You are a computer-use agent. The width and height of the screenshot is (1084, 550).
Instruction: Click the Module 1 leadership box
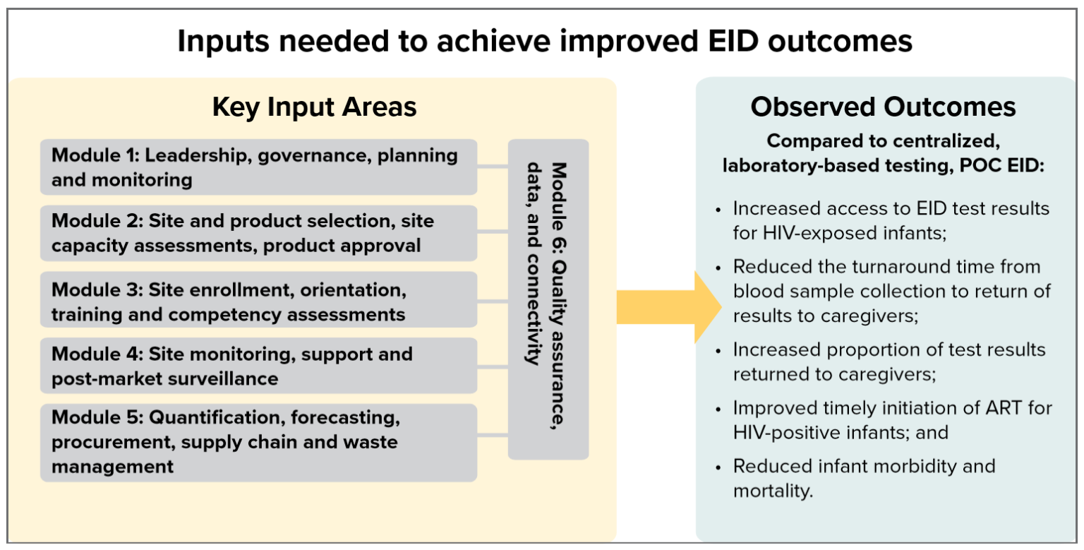[258, 167]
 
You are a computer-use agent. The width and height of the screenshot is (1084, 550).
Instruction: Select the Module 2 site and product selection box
[258, 233]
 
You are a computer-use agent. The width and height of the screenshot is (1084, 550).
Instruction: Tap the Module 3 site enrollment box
[258, 300]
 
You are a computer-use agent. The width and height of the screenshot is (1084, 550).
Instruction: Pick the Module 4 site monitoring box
[258, 366]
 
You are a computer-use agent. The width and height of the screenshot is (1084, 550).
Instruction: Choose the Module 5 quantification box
[258, 443]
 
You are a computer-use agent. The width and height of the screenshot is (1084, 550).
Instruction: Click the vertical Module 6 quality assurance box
[548, 299]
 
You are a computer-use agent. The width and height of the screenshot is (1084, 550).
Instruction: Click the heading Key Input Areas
[314, 107]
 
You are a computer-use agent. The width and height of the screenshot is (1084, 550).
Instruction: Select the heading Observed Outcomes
[883, 107]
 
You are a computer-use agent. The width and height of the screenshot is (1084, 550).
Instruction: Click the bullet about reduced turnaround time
[891, 292]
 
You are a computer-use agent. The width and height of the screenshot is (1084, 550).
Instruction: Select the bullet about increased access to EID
[891, 221]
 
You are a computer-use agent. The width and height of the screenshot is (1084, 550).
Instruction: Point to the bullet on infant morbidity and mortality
[864, 478]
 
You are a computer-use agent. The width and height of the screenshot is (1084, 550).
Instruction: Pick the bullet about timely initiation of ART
[892, 419]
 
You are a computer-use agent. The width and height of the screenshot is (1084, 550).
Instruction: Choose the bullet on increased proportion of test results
[889, 361]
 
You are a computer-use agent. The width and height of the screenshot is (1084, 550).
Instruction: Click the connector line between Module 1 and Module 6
[493, 167]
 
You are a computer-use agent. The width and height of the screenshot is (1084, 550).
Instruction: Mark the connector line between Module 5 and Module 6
[493, 433]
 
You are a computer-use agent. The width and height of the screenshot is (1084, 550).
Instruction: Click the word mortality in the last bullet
[773, 490]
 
